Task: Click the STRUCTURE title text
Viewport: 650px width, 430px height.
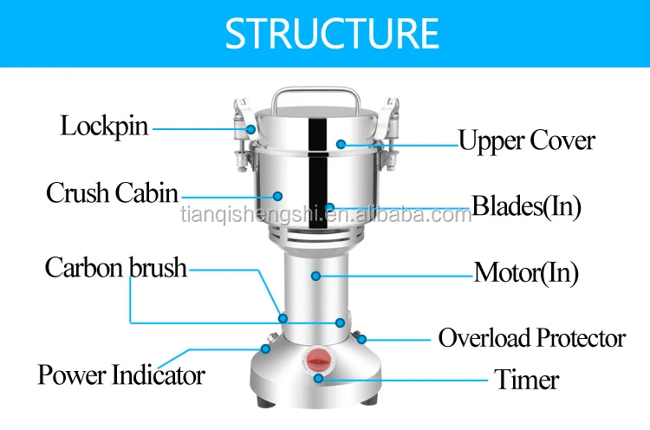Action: click(332, 32)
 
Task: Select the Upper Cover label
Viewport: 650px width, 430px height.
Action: click(526, 140)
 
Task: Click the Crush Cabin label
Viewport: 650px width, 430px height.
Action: click(112, 192)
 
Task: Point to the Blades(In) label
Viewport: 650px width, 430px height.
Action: click(526, 206)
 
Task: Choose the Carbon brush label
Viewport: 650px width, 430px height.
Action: click(115, 267)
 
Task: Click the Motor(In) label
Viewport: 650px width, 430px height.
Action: click(526, 273)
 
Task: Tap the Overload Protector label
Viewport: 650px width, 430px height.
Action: click(531, 337)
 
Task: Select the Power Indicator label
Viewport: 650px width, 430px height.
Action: click(121, 375)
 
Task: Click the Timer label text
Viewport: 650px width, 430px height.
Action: click(526, 379)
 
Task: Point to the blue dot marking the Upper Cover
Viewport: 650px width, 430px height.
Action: click(341, 141)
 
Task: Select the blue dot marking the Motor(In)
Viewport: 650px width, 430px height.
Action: click(316, 276)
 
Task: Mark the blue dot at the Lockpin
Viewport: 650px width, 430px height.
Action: click(251, 128)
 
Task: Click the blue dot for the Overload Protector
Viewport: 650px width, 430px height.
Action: click(362, 338)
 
